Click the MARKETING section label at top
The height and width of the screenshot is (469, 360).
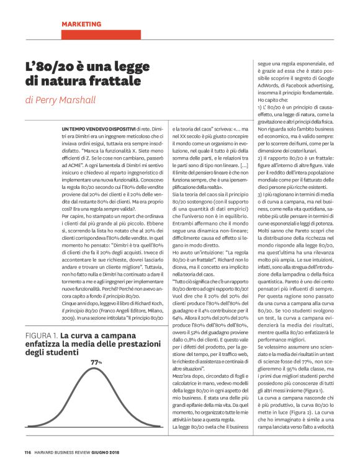83,24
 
